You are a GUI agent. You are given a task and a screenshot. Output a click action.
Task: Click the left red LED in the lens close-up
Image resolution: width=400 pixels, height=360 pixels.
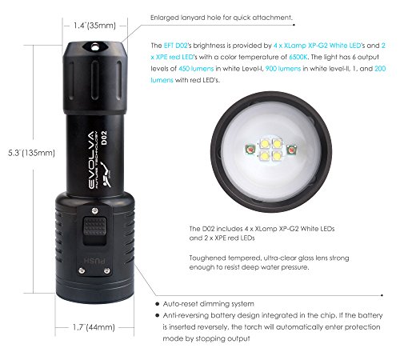249,149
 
